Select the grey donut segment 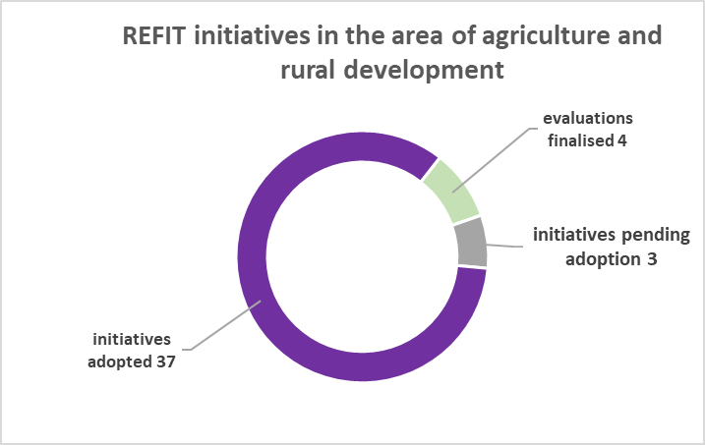(x=471, y=243)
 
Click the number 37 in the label (x=166, y=362)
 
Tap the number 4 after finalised (x=621, y=141)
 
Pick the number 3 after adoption (x=652, y=259)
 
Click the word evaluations (x=588, y=119)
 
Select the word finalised (x=581, y=140)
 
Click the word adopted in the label (x=120, y=362)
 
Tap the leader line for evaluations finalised (x=494, y=158)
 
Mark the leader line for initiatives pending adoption (x=505, y=246)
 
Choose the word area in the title (x=417, y=37)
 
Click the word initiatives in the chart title (x=253, y=36)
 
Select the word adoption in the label (x=603, y=260)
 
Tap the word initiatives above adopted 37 (x=132, y=339)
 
